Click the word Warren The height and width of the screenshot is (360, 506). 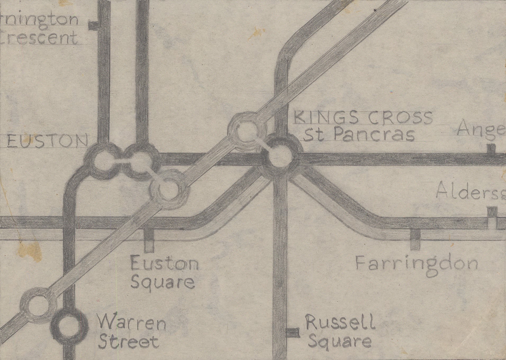click(131, 324)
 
